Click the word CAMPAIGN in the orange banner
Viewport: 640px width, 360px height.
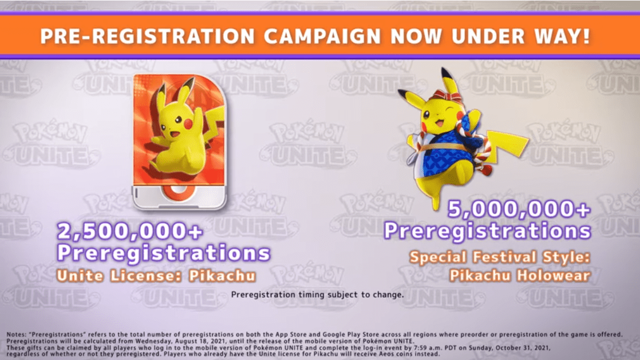coord(322,36)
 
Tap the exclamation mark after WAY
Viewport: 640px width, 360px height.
coord(587,35)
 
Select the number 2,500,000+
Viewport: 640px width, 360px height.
coord(130,231)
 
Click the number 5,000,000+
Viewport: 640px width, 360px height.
coord(519,209)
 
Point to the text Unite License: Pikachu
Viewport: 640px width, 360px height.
coord(156,276)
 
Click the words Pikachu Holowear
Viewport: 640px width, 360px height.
coord(520,275)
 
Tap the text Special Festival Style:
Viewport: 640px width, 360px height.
coord(500,257)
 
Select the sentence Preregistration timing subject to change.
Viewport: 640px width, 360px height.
coord(317,295)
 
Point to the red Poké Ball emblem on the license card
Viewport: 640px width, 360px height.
coord(178,193)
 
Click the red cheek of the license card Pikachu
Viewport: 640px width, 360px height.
coord(188,124)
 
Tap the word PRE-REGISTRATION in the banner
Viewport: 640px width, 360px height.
coord(148,36)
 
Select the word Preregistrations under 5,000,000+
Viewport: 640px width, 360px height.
coord(487,231)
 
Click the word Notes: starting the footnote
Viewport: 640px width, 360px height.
coord(17,334)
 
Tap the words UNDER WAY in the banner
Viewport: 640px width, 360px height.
coord(516,36)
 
